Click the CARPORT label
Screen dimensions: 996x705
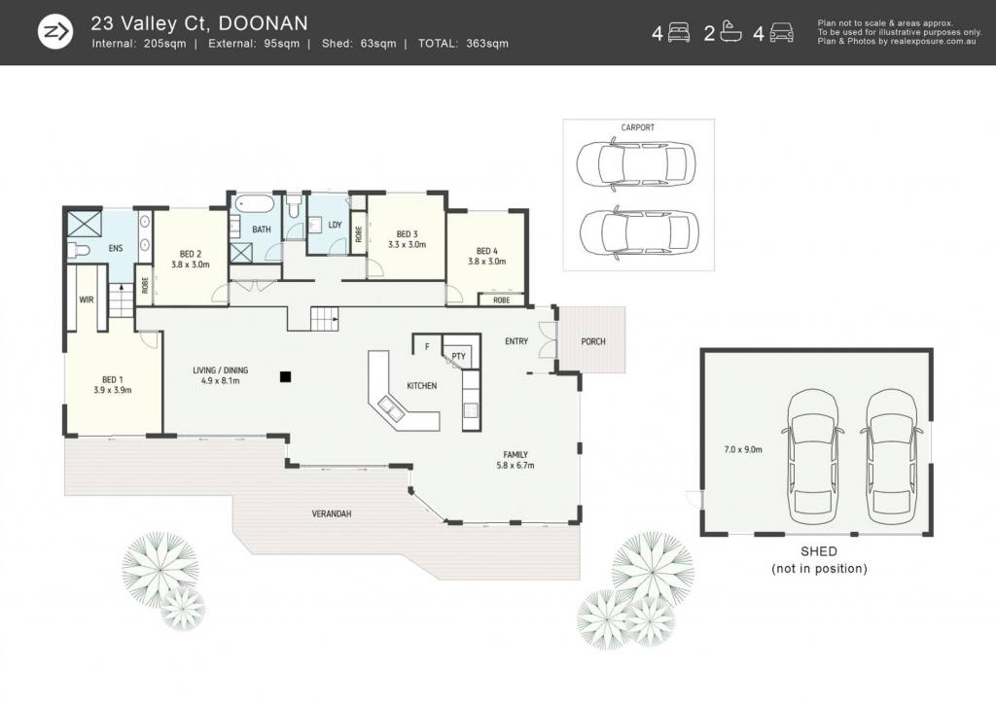click(637, 127)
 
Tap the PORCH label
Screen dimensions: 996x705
click(593, 341)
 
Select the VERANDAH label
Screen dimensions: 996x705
click(332, 513)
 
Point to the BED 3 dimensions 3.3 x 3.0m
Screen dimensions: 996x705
click(408, 244)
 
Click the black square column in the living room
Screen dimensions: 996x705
click(286, 377)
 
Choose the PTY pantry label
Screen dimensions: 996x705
click(459, 356)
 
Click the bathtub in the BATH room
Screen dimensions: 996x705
click(254, 204)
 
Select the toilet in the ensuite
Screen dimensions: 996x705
click(79, 249)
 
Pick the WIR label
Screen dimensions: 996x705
click(87, 300)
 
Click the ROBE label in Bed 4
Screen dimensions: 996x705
click(502, 300)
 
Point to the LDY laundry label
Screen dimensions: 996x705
click(336, 225)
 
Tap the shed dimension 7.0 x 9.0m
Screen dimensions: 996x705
click(743, 449)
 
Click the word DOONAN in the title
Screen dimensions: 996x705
click(263, 23)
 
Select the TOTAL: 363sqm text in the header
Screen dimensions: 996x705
click(463, 44)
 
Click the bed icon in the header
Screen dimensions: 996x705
click(679, 32)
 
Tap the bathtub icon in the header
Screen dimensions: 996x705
click(731, 32)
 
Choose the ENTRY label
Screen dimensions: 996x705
click(516, 341)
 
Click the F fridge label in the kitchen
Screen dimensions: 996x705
click(427, 347)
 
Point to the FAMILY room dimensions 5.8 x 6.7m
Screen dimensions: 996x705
click(516, 466)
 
